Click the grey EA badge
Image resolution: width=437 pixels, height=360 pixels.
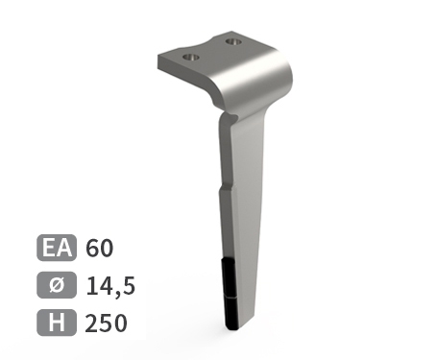click(x=57, y=248)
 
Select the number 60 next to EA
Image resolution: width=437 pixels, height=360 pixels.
click(x=99, y=248)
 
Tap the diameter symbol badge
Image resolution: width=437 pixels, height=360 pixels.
click(x=57, y=285)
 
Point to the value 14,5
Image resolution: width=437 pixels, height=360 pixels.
click(x=110, y=286)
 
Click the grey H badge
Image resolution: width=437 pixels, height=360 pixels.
click(x=57, y=323)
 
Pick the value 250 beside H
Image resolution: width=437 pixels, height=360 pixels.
click(x=106, y=324)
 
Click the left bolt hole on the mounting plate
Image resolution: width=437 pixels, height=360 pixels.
click(x=191, y=58)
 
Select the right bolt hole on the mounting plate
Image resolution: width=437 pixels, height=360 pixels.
click(x=233, y=42)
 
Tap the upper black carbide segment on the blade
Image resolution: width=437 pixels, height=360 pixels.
click(x=229, y=277)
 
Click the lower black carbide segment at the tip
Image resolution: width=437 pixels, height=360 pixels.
click(x=231, y=313)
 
